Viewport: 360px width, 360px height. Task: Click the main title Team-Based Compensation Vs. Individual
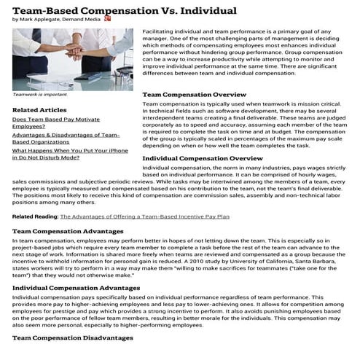(x=125, y=10)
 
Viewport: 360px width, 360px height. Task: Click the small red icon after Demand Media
(x=108, y=19)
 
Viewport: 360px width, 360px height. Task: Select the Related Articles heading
(x=39, y=110)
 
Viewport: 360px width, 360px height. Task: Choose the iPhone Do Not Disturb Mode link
(x=66, y=153)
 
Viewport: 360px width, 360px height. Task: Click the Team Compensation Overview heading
(x=194, y=95)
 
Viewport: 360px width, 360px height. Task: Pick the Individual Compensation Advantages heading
(x=77, y=288)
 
